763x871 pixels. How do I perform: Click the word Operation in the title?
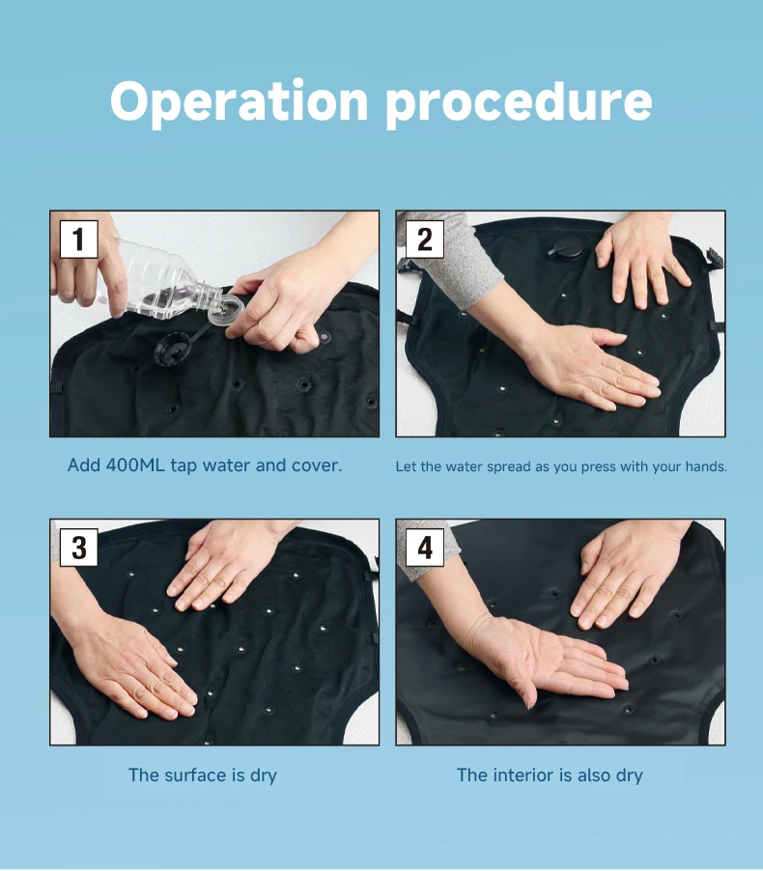[239, 101]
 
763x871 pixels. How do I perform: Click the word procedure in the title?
[519, 103]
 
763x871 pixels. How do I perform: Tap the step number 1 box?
[79, 239]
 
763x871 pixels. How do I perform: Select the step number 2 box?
[425, 239]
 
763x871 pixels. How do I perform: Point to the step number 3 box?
[79, 548]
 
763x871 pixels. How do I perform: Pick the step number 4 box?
[425, 548]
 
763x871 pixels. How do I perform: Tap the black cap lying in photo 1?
[172, 351]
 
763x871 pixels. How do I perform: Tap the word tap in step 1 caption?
[184, 466]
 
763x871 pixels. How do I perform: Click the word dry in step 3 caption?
[264, 776]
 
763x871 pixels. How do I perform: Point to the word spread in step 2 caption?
[508, 467]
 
